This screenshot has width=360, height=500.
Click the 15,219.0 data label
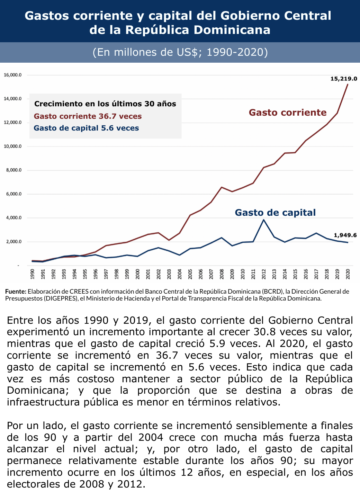pos(343,79)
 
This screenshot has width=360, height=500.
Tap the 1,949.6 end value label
pos(345,235)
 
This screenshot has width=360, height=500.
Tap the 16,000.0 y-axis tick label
pos(13,75)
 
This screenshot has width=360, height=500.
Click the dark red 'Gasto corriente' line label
pos(288,113)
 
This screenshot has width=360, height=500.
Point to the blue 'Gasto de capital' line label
pos(275,213)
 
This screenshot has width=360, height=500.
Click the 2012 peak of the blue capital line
pos(264,220)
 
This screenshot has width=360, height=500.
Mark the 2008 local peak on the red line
pos(222,187)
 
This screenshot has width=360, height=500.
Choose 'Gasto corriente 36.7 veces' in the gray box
pos(88,116)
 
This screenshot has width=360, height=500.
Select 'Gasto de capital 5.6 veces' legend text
pos(86,128)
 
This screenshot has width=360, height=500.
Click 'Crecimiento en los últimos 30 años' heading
pos(105,104)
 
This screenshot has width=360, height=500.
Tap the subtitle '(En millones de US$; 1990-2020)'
pos(180,52)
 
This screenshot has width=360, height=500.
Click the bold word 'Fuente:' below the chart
pos(16,292)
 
